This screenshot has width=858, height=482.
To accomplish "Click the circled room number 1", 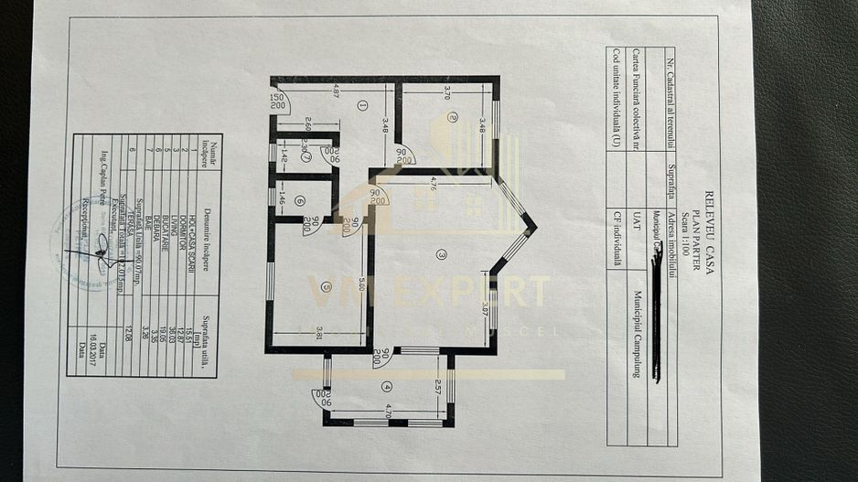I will coord(363,105).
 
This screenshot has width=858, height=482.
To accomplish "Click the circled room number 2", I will coord(453,117).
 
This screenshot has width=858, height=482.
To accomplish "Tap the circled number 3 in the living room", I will coord(441,254).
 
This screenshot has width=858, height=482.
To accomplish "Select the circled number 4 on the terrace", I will coord(386,385).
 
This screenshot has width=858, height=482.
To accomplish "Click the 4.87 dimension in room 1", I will coord(337,91).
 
